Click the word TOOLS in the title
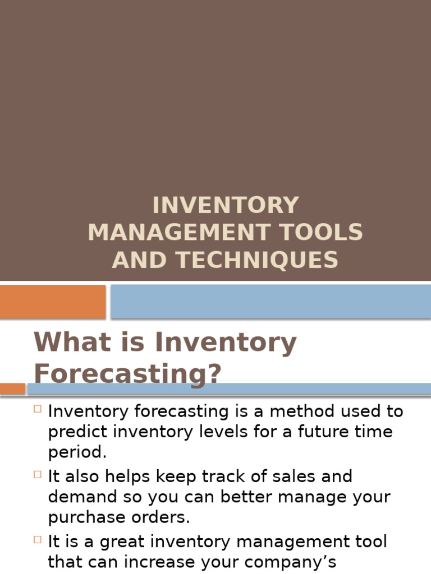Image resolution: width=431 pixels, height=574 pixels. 326,232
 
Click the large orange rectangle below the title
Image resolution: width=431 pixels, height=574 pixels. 53,302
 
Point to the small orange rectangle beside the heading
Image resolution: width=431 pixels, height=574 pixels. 12,388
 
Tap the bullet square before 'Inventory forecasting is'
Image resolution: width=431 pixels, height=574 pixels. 38,409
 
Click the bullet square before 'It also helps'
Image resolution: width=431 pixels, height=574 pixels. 38,474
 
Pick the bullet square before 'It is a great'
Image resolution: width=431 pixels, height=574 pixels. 38,540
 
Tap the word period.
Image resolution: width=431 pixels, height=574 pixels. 77,453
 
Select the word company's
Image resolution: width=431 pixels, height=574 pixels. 287,562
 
